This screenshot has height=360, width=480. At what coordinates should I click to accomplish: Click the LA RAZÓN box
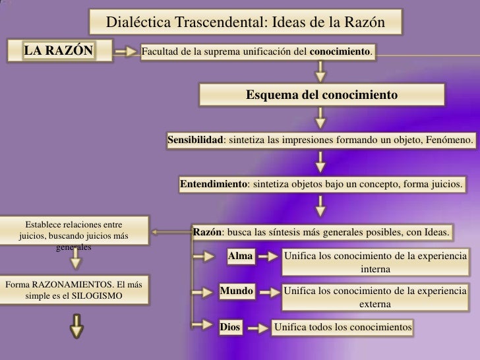[59, 50]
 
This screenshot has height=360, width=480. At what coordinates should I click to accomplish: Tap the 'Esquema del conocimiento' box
[321, 95]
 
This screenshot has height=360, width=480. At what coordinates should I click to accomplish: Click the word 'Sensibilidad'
[195, 140]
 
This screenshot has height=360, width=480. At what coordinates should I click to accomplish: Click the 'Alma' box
[240, 256]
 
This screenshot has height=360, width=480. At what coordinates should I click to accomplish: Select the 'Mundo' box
[236, 289]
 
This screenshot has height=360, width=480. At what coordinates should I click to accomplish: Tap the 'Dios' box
[230, 326]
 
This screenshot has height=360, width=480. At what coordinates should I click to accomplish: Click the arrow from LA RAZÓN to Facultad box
[123, 50]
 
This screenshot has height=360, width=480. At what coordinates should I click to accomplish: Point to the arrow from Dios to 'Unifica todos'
[258, 326]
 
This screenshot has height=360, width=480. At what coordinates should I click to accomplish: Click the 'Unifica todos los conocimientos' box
[343, 326]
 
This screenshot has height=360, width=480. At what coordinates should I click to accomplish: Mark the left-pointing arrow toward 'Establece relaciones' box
[168, 232]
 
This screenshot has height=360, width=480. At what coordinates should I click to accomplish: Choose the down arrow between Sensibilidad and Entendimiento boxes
[320, 162]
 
